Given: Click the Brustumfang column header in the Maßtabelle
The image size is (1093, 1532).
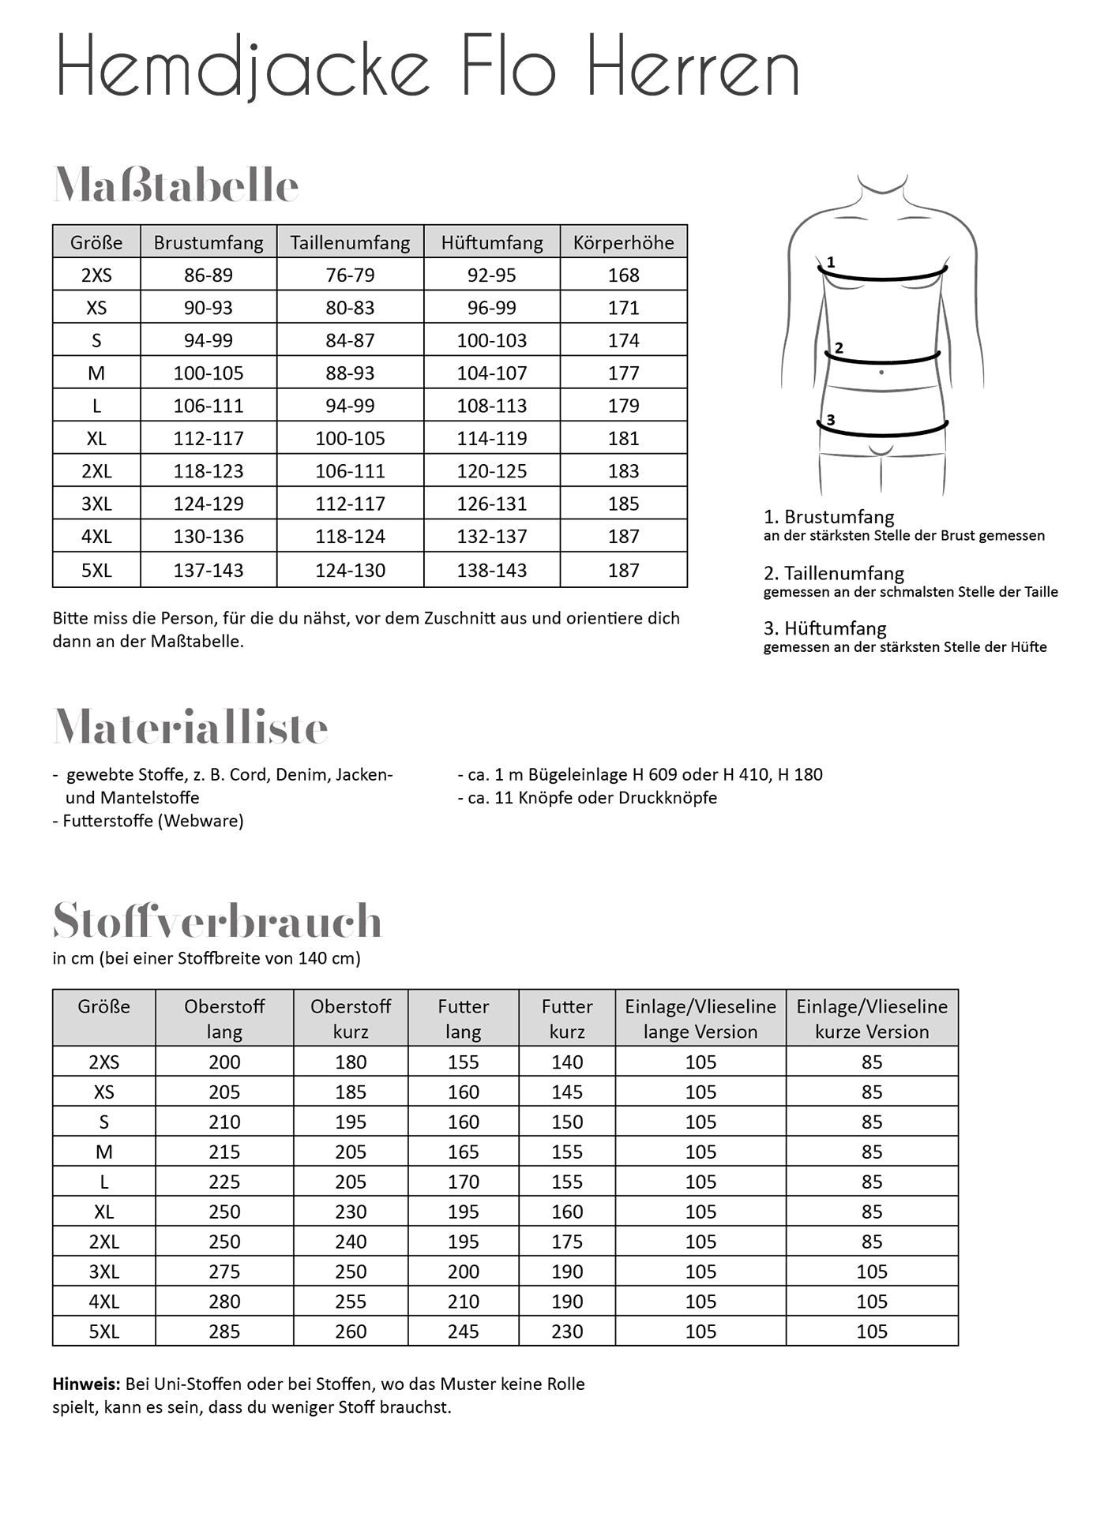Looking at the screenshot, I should (208, 242).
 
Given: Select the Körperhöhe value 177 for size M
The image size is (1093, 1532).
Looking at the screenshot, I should (623, 373).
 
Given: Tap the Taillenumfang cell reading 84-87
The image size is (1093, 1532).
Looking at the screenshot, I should (350, 340).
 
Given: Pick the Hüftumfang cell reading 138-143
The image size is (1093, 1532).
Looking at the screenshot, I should (491, 570).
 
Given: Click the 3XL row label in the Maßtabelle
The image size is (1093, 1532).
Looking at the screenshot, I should (96, 504).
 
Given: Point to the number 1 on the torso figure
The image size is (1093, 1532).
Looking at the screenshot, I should (831, 262).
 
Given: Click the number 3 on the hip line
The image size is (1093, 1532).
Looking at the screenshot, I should (831, 420).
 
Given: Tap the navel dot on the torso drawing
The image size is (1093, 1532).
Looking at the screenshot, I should (881, 372).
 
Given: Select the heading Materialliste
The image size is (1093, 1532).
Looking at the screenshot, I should (190, 727).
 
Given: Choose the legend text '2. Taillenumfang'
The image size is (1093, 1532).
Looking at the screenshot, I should (833, 574).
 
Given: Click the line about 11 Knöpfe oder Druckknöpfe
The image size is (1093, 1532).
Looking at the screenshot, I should (588, 798).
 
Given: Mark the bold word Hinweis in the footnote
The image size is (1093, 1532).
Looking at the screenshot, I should (86, 1384).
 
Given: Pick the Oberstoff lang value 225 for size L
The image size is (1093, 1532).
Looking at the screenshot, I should (224, 1182).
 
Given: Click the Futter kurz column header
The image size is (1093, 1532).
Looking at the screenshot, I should (567, 1018).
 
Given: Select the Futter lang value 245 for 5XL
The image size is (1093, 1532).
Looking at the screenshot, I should (463, 1332).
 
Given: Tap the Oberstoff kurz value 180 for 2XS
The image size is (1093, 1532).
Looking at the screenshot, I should (351, 1062).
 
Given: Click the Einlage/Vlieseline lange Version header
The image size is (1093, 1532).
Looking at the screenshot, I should (700, 1018).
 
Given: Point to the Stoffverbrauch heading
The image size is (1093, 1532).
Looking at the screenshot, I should (217, 920).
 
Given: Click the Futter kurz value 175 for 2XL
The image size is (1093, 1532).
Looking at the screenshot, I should (567, 1242).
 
